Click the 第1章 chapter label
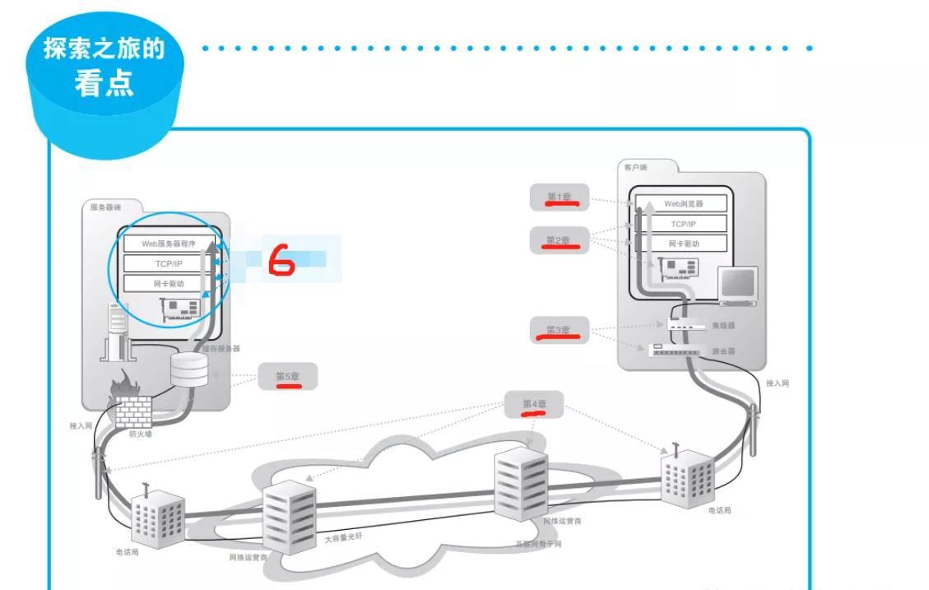click(558, 197)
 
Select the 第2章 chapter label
click(558, 240)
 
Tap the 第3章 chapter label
click(559, 330)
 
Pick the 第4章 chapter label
click(534, 404)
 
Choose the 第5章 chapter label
click(287, 377)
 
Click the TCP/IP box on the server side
click(169, 263)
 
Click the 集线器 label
click(725, 325)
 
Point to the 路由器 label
click(725, 351)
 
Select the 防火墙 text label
click(140, 434)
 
